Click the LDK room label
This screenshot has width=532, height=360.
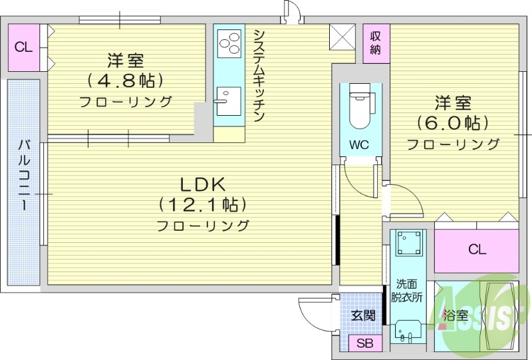[202, 184]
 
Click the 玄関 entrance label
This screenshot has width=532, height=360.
[363, 315]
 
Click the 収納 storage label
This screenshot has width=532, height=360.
[376, 41]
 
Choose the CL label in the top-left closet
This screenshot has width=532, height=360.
[23, 47]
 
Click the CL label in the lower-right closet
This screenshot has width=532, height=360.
[477, 250]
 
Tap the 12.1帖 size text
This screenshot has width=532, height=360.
[202, 204]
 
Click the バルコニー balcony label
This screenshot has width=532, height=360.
[24, 174]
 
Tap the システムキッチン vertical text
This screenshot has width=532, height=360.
[259, 75]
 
